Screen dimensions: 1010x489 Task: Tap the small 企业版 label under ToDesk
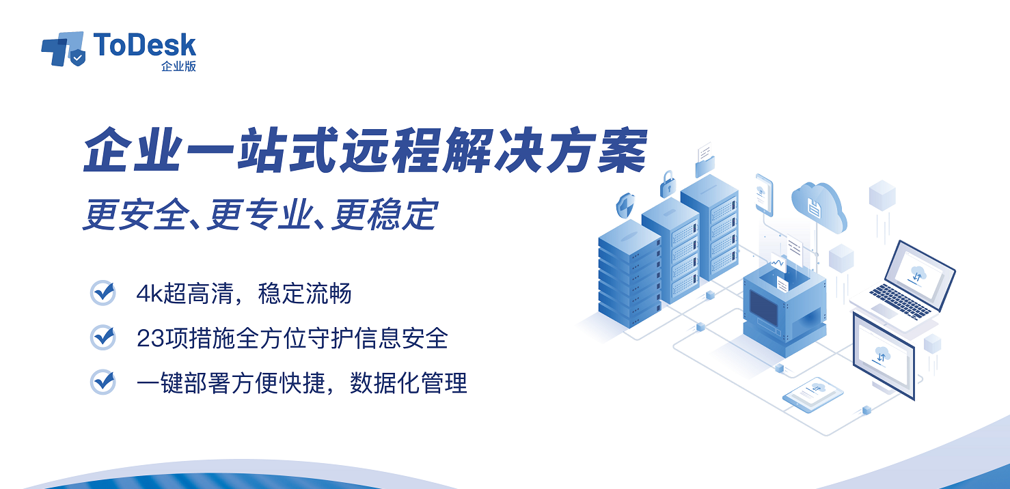coord(178,66)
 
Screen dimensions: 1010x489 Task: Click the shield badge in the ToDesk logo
coord(77,57)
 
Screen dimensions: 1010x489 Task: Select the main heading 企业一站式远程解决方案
coord(365,150)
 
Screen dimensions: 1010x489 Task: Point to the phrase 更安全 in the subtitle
coord(135,214)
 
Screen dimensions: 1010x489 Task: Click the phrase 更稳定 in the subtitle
coord(385,214)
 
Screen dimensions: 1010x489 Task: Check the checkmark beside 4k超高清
coord(103,293)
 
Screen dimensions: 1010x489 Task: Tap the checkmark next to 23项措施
coord(103,337)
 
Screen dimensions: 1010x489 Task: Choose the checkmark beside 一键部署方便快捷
coord(103,382)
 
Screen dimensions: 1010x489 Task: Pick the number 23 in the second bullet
coord(150,339)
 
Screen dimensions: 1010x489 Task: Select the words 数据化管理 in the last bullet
coord(408,383)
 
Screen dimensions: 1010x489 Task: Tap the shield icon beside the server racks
coord(625,206)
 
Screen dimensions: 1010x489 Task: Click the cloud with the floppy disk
coord(819,207)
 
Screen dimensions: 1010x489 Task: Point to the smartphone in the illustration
coord(764,195)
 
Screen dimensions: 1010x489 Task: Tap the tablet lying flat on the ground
coord(813,395)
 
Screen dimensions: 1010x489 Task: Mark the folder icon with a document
coord(705,160)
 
